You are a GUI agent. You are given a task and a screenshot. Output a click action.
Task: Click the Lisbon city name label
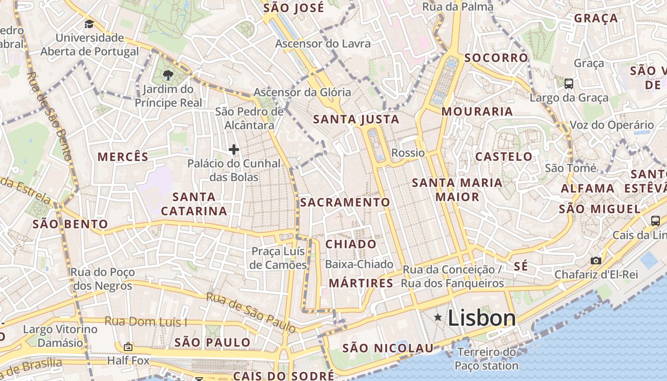click(x=482, y=318)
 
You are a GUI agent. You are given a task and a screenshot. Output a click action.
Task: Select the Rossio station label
click(x=408, y=153)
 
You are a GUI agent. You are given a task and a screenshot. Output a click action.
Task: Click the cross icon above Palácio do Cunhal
click(x=233, y=150)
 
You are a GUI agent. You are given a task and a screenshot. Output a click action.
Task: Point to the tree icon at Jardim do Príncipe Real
click(x=168, y=75)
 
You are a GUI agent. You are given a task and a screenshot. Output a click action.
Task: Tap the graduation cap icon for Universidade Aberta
click(x=89, y=24)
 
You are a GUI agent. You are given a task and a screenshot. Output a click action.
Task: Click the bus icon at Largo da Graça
click(x=569, y=84)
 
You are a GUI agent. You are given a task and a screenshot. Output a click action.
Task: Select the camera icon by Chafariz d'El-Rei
click(x=596, y=261)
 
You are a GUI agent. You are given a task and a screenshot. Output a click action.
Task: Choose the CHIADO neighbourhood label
click(x=351, y=244)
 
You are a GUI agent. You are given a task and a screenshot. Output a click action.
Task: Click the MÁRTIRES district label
click(x=361, y=283)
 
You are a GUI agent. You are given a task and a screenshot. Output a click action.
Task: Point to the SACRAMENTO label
click(x=345, y=202)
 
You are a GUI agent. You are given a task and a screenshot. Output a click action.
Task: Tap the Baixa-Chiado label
click(x=359, y=264)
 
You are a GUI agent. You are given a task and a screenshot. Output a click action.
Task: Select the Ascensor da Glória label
click(x=302, y=92)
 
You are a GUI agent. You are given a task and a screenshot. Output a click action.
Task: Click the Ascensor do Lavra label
click(x=323, y=44)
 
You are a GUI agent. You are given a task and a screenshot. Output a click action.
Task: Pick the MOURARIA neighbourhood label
click(x=477, y=111)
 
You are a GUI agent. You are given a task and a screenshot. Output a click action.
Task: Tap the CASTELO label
click(x=504, y=157)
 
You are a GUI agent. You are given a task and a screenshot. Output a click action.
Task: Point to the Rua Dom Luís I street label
click(x=146, y=322)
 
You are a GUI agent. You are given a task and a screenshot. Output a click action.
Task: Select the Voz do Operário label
click(x=612, y=125)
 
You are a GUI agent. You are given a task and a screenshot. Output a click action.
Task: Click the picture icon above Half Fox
click(x=127, y=347)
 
